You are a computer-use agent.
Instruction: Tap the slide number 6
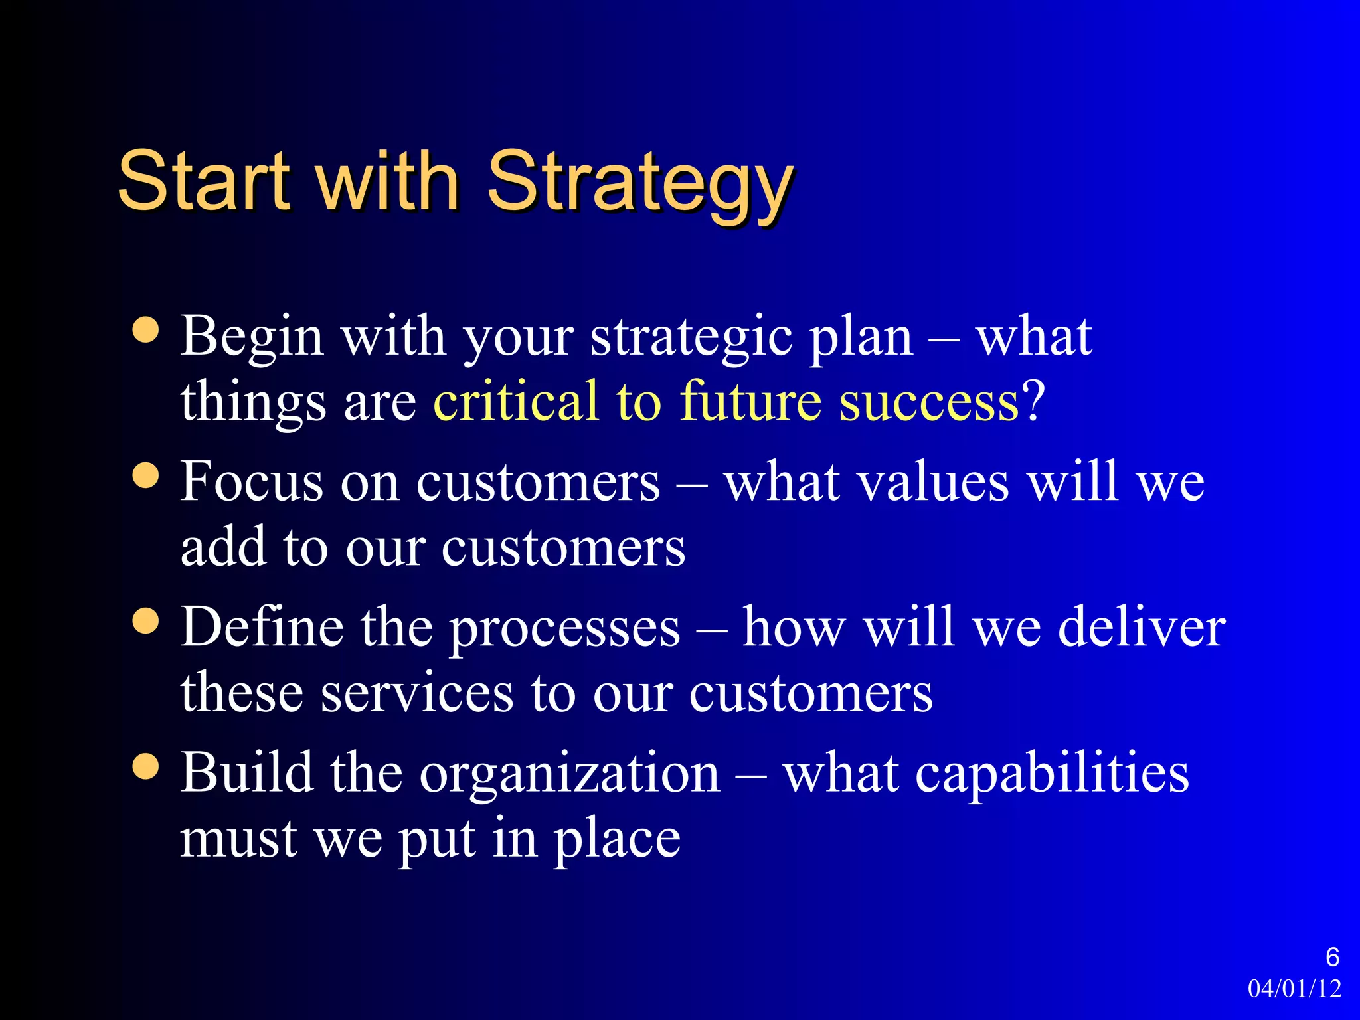click(1332, 957)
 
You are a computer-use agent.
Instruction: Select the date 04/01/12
click(1294, 989)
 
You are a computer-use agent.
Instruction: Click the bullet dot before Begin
click(145, 330)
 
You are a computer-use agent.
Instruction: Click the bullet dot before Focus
click(145, 475)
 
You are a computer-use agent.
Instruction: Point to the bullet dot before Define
click(145, 622)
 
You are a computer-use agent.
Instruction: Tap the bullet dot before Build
click(145, 767)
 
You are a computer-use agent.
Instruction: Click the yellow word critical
click(515, 401)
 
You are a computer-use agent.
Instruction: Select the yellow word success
click(928, 402)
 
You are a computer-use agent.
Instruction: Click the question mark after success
click(1033, 401)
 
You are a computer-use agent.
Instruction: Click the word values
click(934, 481)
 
